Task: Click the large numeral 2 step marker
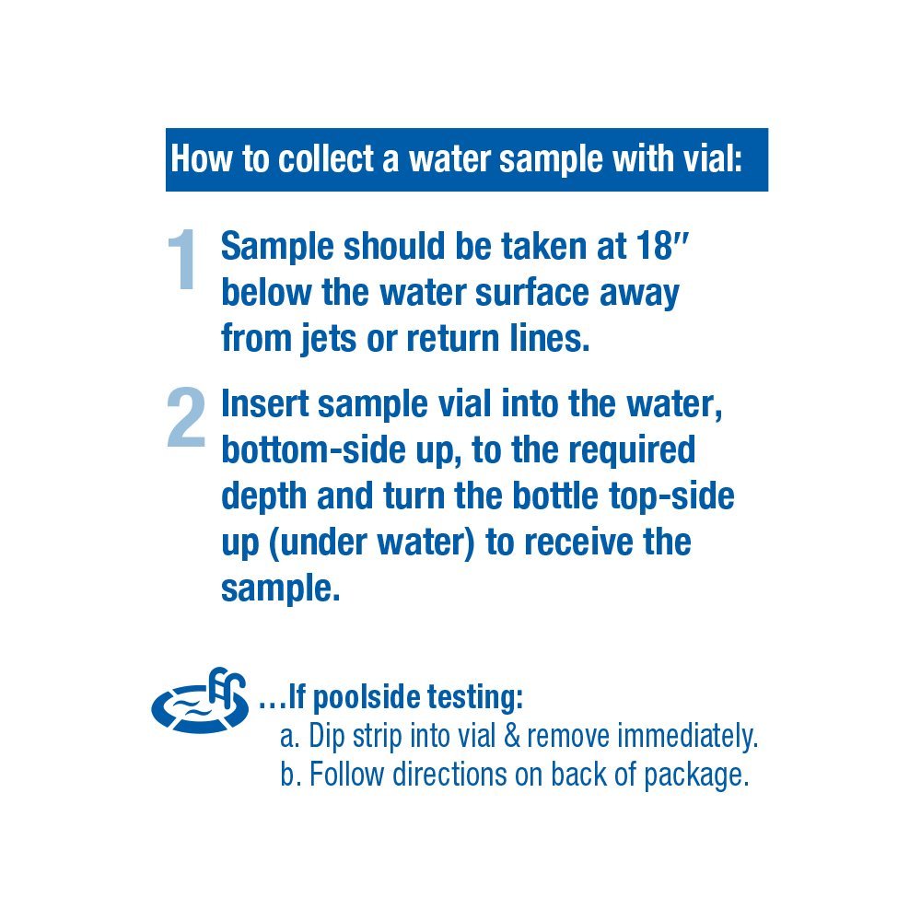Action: coord(186,418)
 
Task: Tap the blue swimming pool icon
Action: coord(201,699)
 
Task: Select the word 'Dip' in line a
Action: coord(328,737)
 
